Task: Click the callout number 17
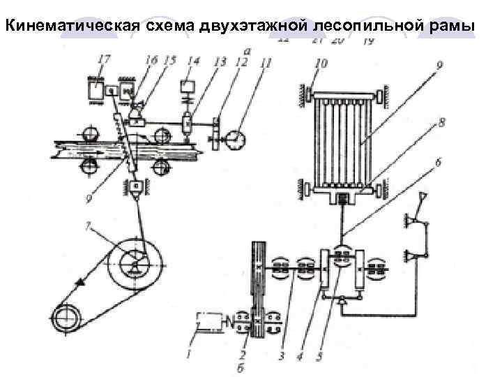pyautogui.click(x=103, y=61)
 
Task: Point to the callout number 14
pyautogui.click(x=193, y=61)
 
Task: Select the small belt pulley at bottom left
pyautogui.click(x=68, y=318)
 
